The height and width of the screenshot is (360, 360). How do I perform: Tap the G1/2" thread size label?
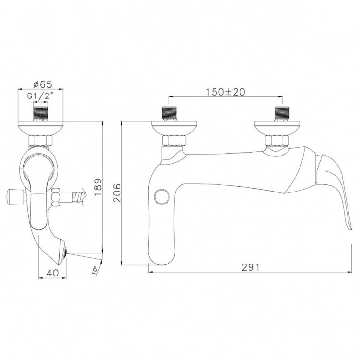40,96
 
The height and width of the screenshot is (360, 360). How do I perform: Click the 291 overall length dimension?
251,268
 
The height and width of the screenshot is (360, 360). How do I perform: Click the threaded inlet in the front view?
41,115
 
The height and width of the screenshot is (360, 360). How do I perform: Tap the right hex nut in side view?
278,141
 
